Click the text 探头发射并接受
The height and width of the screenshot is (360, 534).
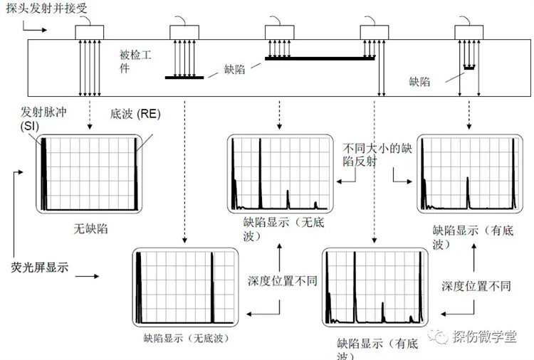coord(47,8)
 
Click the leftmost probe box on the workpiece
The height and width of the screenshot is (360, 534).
coord(90,32)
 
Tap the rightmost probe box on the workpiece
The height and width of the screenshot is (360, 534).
coord(469,32)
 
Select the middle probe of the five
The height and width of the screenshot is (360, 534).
coord(280,32)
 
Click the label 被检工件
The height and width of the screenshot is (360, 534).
coord(135,61)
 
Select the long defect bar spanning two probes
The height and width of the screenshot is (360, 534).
coord(320,58)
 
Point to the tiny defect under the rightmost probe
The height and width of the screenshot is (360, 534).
coord(469,68)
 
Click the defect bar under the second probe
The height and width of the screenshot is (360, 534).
coord(184,78)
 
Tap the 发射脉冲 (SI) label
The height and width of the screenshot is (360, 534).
coord(43,119)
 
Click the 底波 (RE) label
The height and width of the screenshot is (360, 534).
coord(135,114)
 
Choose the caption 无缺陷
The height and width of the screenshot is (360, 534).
coord(90,228)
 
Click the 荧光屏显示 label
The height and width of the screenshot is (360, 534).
coord(39,268)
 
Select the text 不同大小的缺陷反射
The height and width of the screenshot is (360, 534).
coord(377,155)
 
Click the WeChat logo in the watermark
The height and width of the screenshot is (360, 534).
coord(439,337)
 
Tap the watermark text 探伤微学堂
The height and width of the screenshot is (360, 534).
coord(484,337)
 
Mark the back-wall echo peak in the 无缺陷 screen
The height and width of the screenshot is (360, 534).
coord(136,174)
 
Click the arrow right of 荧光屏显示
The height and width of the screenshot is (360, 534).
coord(87,276)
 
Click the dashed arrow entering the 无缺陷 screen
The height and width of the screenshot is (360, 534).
coord(90,115)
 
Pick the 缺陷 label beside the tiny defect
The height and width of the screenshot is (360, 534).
coord(419,82)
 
